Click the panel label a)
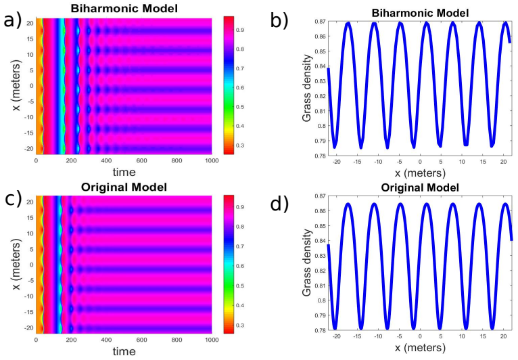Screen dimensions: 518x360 point(13,21)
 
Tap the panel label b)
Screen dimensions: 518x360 point(279,21)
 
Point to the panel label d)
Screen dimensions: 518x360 point(279,204)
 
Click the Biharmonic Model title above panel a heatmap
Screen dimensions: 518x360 point(124,8)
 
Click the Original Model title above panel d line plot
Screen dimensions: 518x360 point(420,187)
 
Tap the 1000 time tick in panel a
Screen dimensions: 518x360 point(212,160)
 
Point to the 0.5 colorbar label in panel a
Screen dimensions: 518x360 point(239,107)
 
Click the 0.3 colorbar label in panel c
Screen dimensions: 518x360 point(239,325)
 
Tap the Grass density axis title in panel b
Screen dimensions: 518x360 point(307,88)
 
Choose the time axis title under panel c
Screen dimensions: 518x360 point(124,351)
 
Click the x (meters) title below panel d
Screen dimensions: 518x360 point(420,348)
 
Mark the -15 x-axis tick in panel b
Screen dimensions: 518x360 point(358,162)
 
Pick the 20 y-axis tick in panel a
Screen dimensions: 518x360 point(30,23)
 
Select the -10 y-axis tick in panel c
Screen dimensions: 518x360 point(29,296)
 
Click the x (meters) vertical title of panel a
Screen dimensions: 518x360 point(16,85)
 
